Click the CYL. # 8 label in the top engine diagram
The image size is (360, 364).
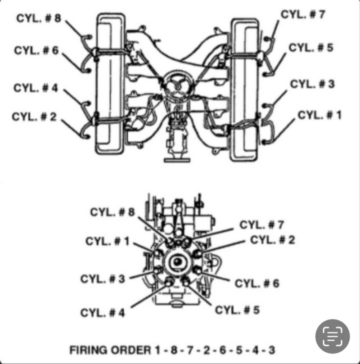click(39, 18)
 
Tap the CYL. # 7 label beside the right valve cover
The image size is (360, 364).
click(303, 14)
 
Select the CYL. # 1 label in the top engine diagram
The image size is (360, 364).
click(319, 115)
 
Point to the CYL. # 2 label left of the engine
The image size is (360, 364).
click(34, 117)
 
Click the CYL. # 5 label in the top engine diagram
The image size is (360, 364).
click(311, 48)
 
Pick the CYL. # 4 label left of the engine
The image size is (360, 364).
click(36, 88)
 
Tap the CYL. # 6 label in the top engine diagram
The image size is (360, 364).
click(36, 50)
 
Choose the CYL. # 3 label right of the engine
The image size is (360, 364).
click(312, 84)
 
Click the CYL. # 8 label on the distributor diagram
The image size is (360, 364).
click(112, 212)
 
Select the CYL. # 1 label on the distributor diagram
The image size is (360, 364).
click(108, 241)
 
